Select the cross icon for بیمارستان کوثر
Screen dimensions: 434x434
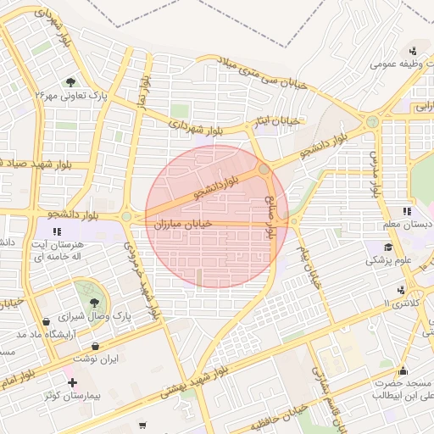(71, 383)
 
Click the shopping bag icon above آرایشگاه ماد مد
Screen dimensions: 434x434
(46, 321)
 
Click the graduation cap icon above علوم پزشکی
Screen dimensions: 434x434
(387, 247)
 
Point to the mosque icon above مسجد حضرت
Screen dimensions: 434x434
(403, 370)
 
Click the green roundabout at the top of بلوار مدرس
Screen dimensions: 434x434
(372, 123)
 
